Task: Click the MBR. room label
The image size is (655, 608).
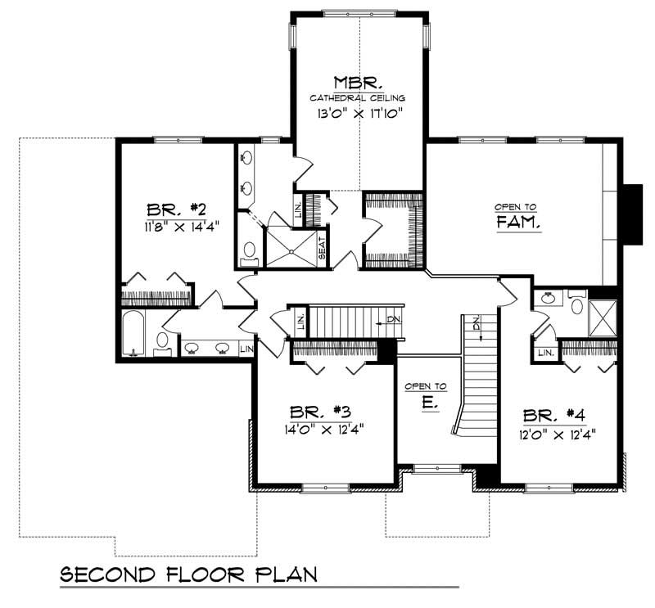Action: click(x=358, y=82)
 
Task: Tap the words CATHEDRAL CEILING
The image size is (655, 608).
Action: click(x=358, y=97)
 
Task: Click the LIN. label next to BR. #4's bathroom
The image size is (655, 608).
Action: click(x=546, y=353)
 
